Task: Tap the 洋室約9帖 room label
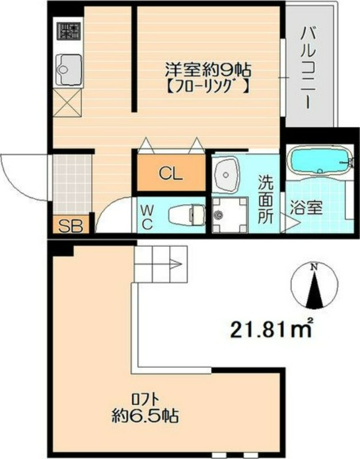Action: (x=208, y=71)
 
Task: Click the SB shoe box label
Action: (x=68, y=225)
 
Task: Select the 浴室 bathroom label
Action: (x=312, y=208)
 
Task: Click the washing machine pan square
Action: (x=229, y=215)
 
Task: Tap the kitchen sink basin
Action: (x=68, y=69)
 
